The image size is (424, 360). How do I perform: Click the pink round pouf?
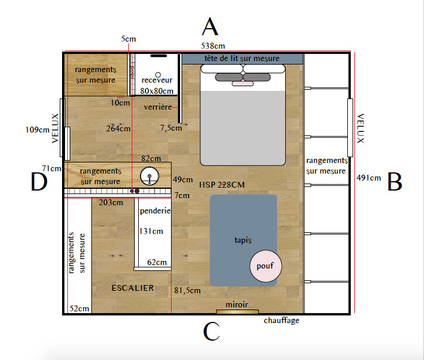tap(265, 266)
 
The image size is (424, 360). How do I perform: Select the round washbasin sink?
tap(149, 176)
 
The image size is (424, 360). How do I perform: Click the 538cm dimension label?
tap(213, 46)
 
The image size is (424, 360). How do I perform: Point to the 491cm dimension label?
tap(368, 178)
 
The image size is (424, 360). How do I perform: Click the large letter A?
tap(210, 26)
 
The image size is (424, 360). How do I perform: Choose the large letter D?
tap(39, 181)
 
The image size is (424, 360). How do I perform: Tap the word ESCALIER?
tap(133, 288)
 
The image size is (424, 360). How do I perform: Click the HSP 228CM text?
tap(222, 185)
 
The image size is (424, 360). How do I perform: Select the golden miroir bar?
tap(237, 311)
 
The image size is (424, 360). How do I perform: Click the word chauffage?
tap(282, 321)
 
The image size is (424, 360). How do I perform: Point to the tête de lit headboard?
tap(242, 59)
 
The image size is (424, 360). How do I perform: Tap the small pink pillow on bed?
tap(242, 84)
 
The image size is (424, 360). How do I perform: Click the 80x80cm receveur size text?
tap(157, 91)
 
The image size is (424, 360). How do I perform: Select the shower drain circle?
tap(158, 74)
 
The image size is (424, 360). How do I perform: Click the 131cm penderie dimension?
tap(151, 231)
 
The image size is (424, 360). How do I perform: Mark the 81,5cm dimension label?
tap(187, 290)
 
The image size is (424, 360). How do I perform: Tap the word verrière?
tap(158, 107)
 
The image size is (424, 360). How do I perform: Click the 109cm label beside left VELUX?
tap(37, 130)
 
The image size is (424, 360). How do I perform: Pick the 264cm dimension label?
tap(118, 128)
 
